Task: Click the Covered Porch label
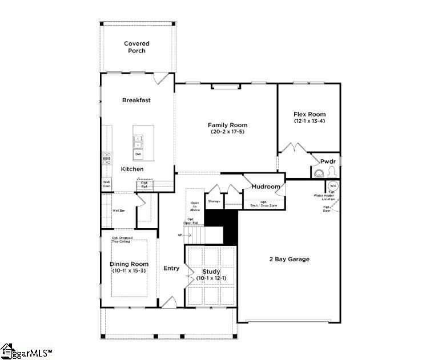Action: pyautogui.click(x=136, y=47)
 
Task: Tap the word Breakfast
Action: pyautogui.click(x=136, y=100)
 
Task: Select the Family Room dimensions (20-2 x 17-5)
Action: pyautogui.click(x=227, y=132)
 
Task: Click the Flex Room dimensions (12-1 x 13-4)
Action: pyautogui.click(x=310, y=121)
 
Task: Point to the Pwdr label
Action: pyautogui.click(x=327, y=161)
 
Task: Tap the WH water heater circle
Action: pyautogui.click(x=332, y=186)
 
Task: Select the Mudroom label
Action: pyautogui.click(x=266, y=187)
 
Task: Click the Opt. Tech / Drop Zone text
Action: pyautogui.click(x=264, y=204)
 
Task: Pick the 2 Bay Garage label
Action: pyautogui.click(x=289, y=259)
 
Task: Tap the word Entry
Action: pyautogui.click(x=171, y=268)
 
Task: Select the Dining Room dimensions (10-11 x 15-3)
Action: pyautogui.click(x=129, y=270)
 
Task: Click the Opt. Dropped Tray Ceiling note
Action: pyautogui.click(x=121, y=240)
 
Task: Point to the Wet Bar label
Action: pyautogui.click(x=119, y=211)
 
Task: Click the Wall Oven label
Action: pyautogui.click(x=107, y=184)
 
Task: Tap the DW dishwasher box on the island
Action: pyautogui.click(x=138, y=154)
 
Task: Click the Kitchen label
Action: pyautogui.click(x=132, y=169)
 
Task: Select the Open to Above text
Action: pyautogui.click(x=195, y=206)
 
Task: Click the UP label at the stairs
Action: pyautogui.click(x=181, y=234)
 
